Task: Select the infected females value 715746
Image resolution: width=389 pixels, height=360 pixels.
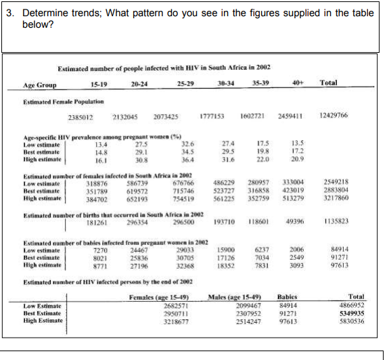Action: click(x=183, y=192)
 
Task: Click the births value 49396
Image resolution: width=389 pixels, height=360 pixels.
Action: click(x=294, y=221)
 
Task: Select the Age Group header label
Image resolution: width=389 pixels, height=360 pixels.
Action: click(x=40, y=85)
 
